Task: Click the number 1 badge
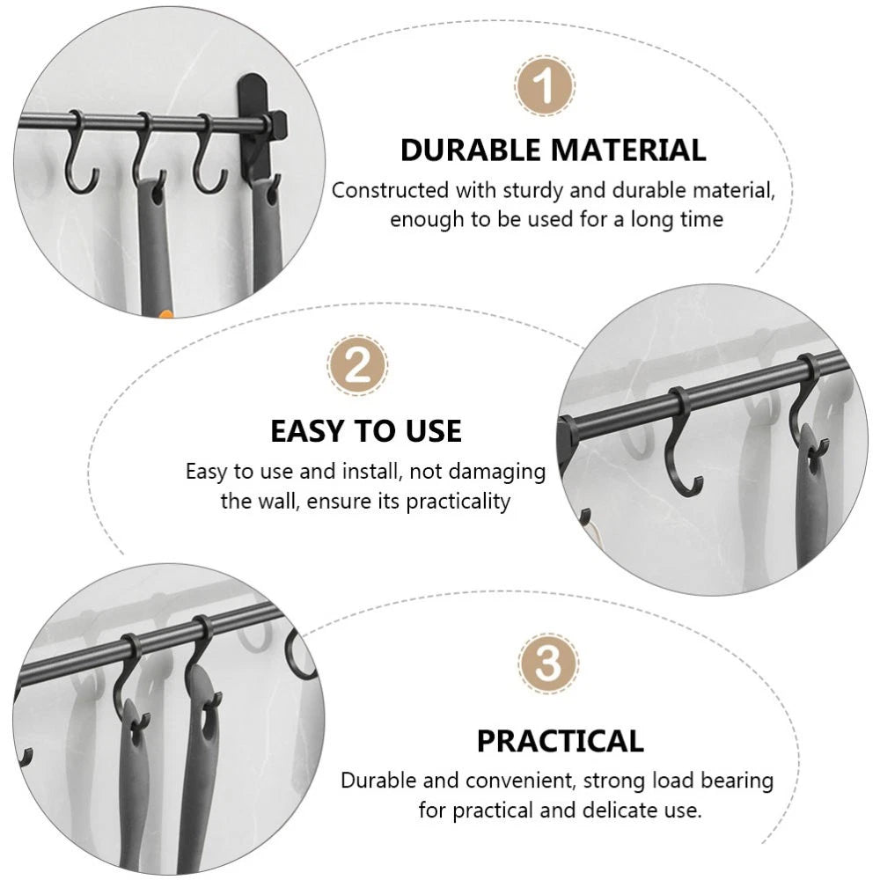click(545, 86)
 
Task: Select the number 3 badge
click(548, 663)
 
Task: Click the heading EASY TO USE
click(365, 431)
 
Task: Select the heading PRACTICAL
click(560, 741)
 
